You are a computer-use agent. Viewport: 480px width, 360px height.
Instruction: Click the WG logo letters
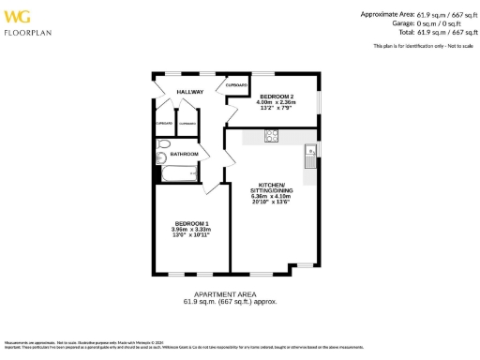(19, 16)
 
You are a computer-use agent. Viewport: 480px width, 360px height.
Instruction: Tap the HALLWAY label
(191, 92)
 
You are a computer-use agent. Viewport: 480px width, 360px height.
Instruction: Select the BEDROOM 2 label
(277, 97)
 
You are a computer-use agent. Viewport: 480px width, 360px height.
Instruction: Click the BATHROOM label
(184, 154)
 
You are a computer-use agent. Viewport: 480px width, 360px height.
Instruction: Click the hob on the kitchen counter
(271, 136)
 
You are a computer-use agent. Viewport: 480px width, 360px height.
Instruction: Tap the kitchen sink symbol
(308, 151)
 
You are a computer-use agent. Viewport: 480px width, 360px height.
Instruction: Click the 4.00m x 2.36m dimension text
(277, 102)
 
